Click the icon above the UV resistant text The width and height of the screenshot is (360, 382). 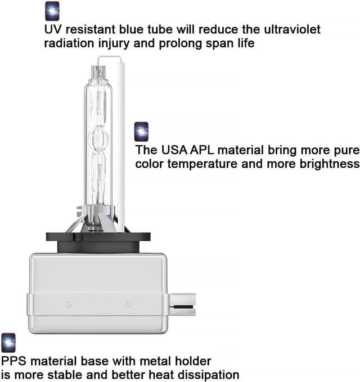52,11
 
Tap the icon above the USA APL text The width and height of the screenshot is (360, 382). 141,132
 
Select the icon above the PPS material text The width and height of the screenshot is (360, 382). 8,343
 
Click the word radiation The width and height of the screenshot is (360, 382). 69,43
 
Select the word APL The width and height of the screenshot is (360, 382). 202,150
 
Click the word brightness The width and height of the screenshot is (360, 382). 330,164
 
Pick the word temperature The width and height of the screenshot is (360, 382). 202,164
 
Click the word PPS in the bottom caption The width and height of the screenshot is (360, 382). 13,361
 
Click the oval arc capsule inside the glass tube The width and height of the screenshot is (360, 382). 98,140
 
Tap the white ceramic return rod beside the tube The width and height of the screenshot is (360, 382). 121,147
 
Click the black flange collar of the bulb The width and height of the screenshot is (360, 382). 98,242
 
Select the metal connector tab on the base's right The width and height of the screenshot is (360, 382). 182,304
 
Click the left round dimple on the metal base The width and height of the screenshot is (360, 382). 68,304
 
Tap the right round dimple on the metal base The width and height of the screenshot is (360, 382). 129,304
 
